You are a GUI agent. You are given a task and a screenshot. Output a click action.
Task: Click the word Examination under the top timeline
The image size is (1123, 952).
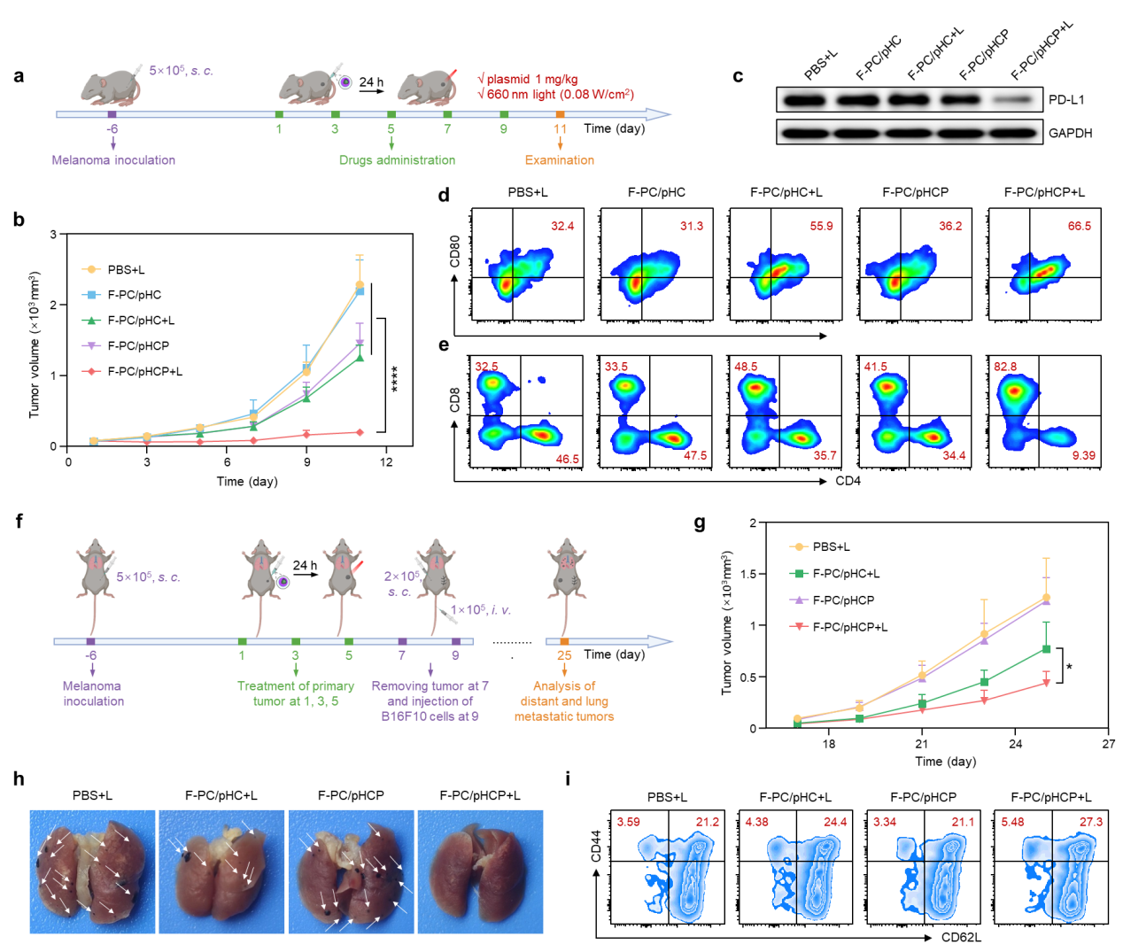pyautogui.click(x=560, y=160)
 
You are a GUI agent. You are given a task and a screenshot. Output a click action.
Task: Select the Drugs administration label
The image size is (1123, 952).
pyautogui.click(x=397, y=160)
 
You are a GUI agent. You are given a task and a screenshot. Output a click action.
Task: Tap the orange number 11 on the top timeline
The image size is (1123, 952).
pyautogui.click(x=560, y=129)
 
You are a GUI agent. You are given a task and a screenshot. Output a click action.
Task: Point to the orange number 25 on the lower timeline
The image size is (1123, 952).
pyautogui.click(x=564, y=656)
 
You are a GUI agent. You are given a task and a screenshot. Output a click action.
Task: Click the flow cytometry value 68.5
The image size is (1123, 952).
pyautogui.click(x=1080, y=227)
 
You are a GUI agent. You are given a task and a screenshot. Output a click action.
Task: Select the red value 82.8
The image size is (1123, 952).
pyautogui.click(x=1005, y=367)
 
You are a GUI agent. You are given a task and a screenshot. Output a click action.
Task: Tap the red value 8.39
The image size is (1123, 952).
pyautogui.click(x=1083, y=456)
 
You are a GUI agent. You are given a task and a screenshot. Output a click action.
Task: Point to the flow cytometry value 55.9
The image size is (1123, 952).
pyautogui.click(x=821, y=227)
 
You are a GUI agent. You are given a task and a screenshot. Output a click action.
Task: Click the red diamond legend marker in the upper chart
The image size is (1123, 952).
pyautogui.click(x=90, y=372)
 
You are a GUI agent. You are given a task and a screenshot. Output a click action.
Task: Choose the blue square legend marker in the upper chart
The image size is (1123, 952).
pyautogui.click(x=90, y=295)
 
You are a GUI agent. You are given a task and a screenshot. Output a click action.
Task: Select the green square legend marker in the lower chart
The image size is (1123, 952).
pyautogui.click(x=799, y=574)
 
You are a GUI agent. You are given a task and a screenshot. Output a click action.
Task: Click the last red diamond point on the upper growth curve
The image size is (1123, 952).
pyautogui.click(x=360, y=432)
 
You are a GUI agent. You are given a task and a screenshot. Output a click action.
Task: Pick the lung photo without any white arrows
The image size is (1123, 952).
pyautogui.click(x=480, y=871)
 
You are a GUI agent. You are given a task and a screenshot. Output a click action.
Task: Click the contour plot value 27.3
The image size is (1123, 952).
pyautogui.click(x=1091, y=823)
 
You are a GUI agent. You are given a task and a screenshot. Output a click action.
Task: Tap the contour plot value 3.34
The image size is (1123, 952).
pyautogui.click(x=884, y=823)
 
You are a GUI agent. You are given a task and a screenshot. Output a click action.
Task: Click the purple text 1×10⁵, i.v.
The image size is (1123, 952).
pyautogui.click(x=481, y=610)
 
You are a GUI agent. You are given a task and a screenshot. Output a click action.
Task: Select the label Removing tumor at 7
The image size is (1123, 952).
pyautogui.click(x=430, y=686)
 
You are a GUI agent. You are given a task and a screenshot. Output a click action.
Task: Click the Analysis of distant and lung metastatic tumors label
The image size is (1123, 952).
pyautogui.click(x=564, y=700)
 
